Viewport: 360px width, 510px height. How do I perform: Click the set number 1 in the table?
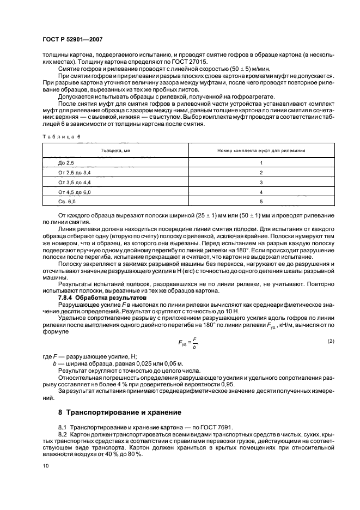tap(261, 163)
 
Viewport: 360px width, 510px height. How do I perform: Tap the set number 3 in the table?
tap(261, 182)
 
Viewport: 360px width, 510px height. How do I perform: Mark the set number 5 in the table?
tap(261, 202)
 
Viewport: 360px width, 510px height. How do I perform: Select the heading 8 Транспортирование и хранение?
tap(120, 412)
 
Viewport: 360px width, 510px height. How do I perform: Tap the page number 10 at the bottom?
tap(46, 466)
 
